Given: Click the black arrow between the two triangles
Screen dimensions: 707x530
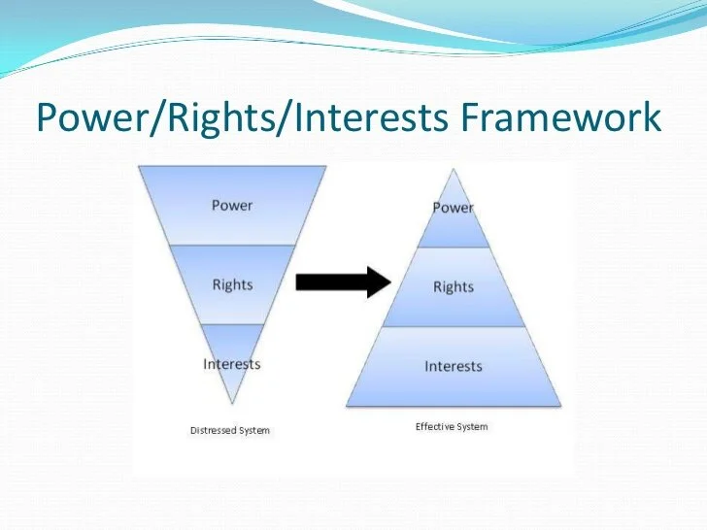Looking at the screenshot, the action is [x=341, y=282].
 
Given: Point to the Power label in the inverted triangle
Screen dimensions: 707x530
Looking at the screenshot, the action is [x=232, y=205].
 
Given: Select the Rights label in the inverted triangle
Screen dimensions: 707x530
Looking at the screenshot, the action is [x=232, y=284].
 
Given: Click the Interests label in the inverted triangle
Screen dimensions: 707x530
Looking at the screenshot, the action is [x=232, y=364].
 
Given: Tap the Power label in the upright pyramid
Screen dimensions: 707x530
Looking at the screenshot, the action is [x=453, y=208].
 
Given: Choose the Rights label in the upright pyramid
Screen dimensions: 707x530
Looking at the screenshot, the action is [x=453, y=287].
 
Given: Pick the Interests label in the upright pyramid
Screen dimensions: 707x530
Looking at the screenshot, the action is [x=453, y=366].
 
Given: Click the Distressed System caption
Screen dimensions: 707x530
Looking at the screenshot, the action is [x=230, y=430].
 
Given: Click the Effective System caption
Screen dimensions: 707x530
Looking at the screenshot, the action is [x=452, y=426].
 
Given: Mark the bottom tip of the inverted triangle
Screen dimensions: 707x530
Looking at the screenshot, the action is [x=232, y=402].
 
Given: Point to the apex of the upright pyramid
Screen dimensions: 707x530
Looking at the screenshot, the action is [x=454, y=169].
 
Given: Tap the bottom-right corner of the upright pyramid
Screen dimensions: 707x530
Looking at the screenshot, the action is [x=560, y=405].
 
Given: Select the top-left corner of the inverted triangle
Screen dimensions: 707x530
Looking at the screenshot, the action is [x=139, y=166].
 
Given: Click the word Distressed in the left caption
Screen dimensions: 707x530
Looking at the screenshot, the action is [x=214, y=430].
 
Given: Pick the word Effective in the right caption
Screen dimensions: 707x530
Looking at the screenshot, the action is [x=435, y=426].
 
